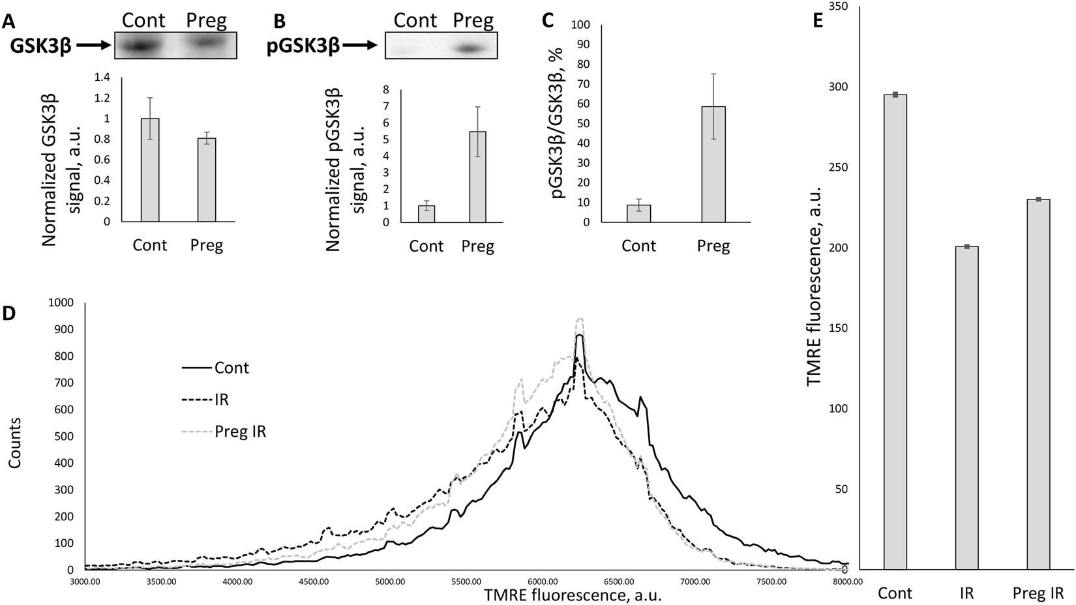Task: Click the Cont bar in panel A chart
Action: click(150, 170)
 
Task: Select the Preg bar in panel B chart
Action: click(477, 177)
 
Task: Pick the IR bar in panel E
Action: click(966, 407)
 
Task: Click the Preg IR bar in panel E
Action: click(1038, 384)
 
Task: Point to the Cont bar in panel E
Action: click(895, 332)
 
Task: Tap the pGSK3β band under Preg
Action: click(471, 48)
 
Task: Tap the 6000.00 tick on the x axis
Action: click(542, 581)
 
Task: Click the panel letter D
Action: click(8, 314)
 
